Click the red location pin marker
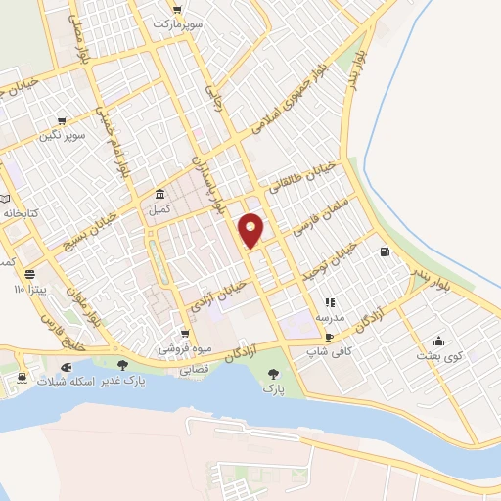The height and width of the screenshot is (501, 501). [x=251, y=230]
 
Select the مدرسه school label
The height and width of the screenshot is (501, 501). [x=330, y=316]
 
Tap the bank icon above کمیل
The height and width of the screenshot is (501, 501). [x=159, y=194]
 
